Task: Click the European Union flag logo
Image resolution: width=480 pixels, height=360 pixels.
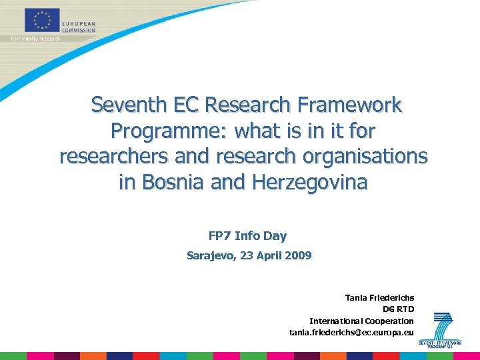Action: (43, 20)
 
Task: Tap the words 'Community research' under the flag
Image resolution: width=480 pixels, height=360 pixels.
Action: (35, 39)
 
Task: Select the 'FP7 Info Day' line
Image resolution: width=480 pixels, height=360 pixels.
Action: (247, 235)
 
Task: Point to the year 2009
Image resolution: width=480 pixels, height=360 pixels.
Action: (297, 255)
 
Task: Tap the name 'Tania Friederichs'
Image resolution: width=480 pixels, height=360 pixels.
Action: (379, 297)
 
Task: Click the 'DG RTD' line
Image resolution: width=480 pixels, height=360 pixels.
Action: (398, 309)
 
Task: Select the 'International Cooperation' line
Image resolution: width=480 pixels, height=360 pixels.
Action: (361, 321)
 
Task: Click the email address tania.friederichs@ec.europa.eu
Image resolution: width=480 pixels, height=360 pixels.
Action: (351, 332)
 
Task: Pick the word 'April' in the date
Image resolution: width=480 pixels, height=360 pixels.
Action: (267, 255)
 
